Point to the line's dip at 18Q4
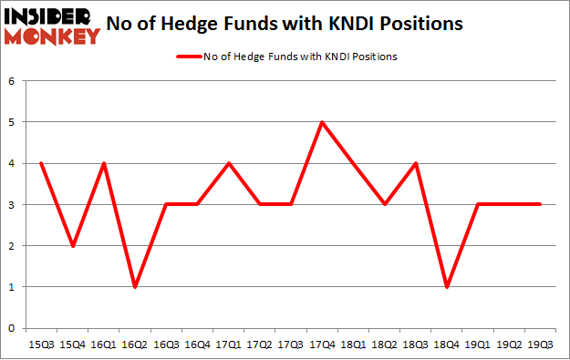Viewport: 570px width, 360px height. (447, 287)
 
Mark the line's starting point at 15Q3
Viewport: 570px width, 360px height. (41, 164)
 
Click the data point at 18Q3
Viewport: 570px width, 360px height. (415, 164)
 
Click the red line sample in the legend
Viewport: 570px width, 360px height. (192, 57)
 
